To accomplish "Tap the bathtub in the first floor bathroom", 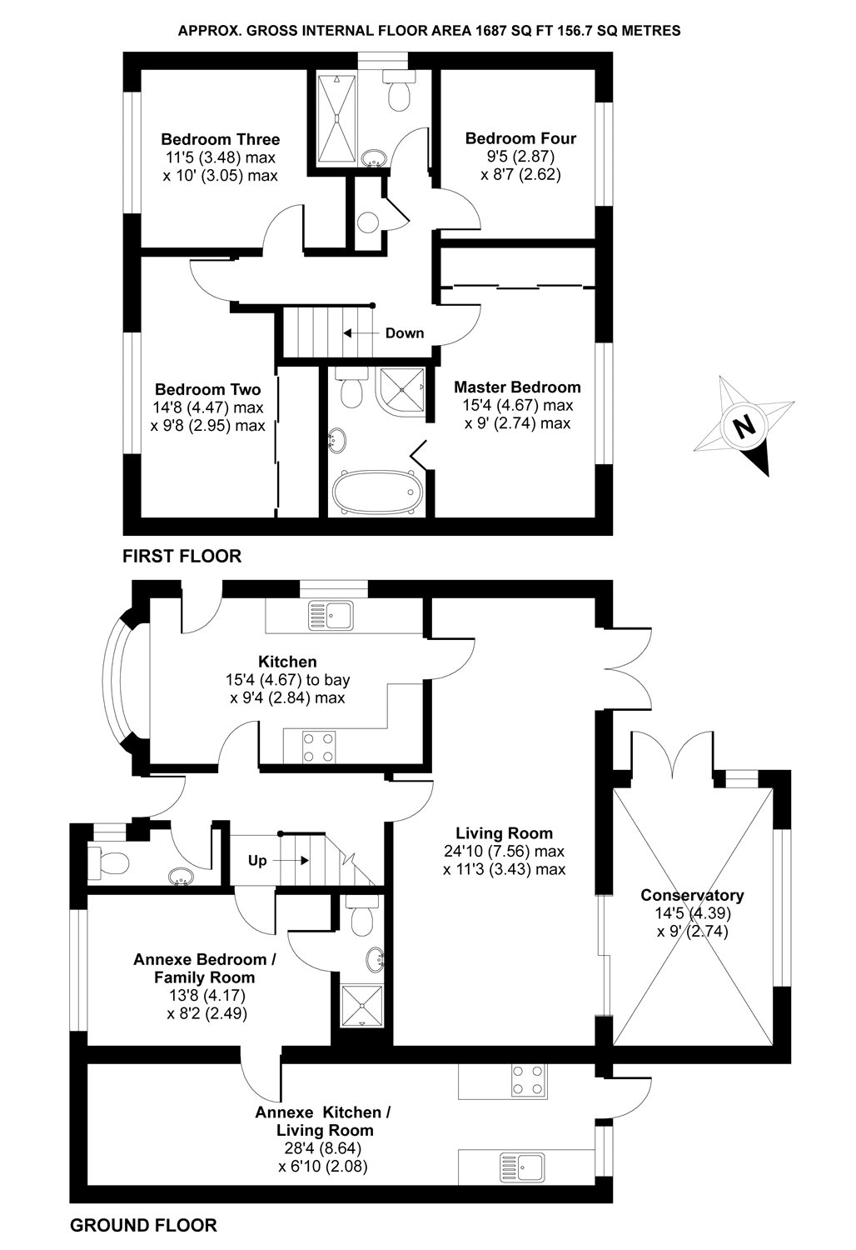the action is coord(375,494).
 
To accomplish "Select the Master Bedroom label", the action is coord(517,387).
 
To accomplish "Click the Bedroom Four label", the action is coord(520,138).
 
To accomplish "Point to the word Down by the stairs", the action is coord(405,333).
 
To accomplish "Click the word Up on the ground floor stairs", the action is coord(257,861).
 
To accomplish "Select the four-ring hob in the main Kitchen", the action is coord(320,747).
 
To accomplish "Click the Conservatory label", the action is coord(692,896).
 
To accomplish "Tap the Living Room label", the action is coord(505,832).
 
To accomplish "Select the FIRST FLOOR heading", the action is coord(182,556).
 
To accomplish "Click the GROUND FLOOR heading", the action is coord(143,1225).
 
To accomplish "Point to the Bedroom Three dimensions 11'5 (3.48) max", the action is coord(220,157).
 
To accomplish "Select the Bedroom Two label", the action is coord(208,389).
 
